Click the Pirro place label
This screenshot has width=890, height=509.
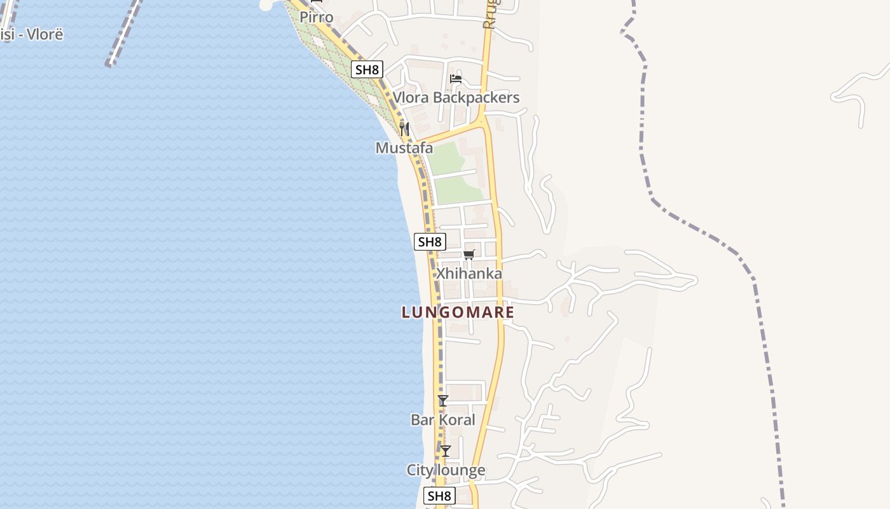pyautogui.click(x=317, y=17)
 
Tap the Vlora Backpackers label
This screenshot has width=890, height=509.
pyautogui.click(x=456, y=97)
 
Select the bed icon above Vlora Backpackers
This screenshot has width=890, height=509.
pyautogui.click(x=456, y=80)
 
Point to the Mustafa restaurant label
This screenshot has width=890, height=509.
pyautogui.click(x=404, y=148)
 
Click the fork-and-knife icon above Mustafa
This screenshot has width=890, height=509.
pyautogui.click(x=404, y=130)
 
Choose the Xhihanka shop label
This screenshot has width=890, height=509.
pyautogui.click(x=469, y=274)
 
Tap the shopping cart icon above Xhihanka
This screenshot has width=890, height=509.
pyautogui.click(x=469, y=255)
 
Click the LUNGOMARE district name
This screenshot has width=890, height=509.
pyautogui.click(x=458, y=312)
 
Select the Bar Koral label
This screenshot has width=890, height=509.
pyautogui.click(x=443, y=420)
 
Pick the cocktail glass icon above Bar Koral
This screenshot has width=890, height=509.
pyautogui.click(x=443, y=401)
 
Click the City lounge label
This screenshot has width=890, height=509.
pyautogui.click(x=446, y=470)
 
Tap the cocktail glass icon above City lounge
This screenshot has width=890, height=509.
pyautogui.click(x=446, y=451)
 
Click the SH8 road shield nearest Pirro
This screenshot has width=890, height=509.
pyautogui.click(x=367, y=69)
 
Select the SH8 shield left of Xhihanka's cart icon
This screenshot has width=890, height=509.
pyautogui.click(x=430, y=242)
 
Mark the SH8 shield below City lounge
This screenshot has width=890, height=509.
pyautogui.click(x=439, y=496)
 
